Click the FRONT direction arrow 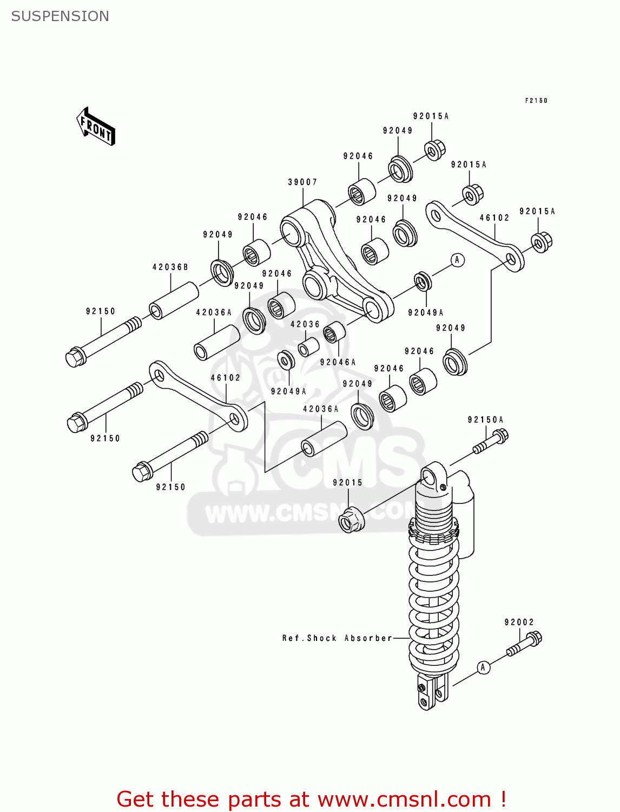[96, 127]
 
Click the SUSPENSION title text [60, 16]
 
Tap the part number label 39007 [302, 182]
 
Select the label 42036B [170, 267]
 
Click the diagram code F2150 [536, 101]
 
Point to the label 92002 [519, 623]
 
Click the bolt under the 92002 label [524, 645]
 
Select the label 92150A [485, 420]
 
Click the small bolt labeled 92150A [491, 442]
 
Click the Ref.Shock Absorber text [337, 638]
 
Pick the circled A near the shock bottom [483, 667]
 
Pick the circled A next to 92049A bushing [457, 260]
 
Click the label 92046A [338, 363]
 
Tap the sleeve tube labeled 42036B [174, 300]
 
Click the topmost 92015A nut [434, 150]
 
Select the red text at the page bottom [311, 799]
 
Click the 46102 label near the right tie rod [494, 218]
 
